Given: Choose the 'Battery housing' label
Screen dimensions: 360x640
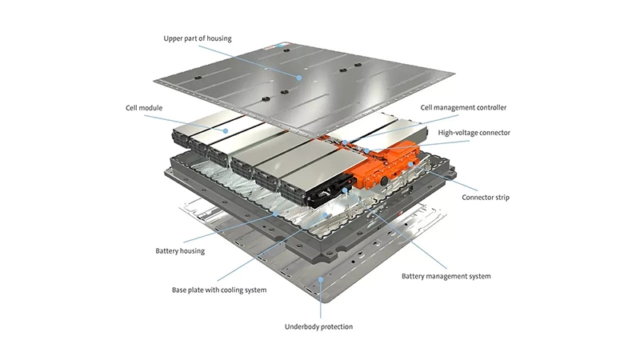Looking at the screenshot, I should click(x=180, y=250).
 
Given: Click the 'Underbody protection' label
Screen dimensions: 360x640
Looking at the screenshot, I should click(x=318, y=326).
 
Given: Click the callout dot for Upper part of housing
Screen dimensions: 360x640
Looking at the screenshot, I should click(x=299, y=78).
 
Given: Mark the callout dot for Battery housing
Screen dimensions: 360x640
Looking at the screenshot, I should click(x=277, y=213).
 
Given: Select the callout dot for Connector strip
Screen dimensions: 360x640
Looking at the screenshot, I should click(x=410, y=163).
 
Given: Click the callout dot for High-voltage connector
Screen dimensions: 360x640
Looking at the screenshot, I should click(x=365, y=150).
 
